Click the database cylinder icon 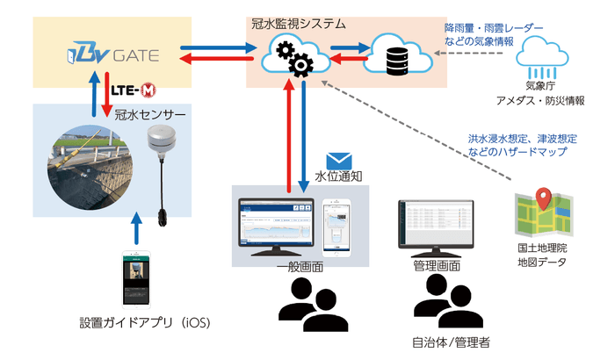[396, 56]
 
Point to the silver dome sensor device [160, 141]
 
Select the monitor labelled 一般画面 [275, 224]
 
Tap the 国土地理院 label [540, 248]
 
